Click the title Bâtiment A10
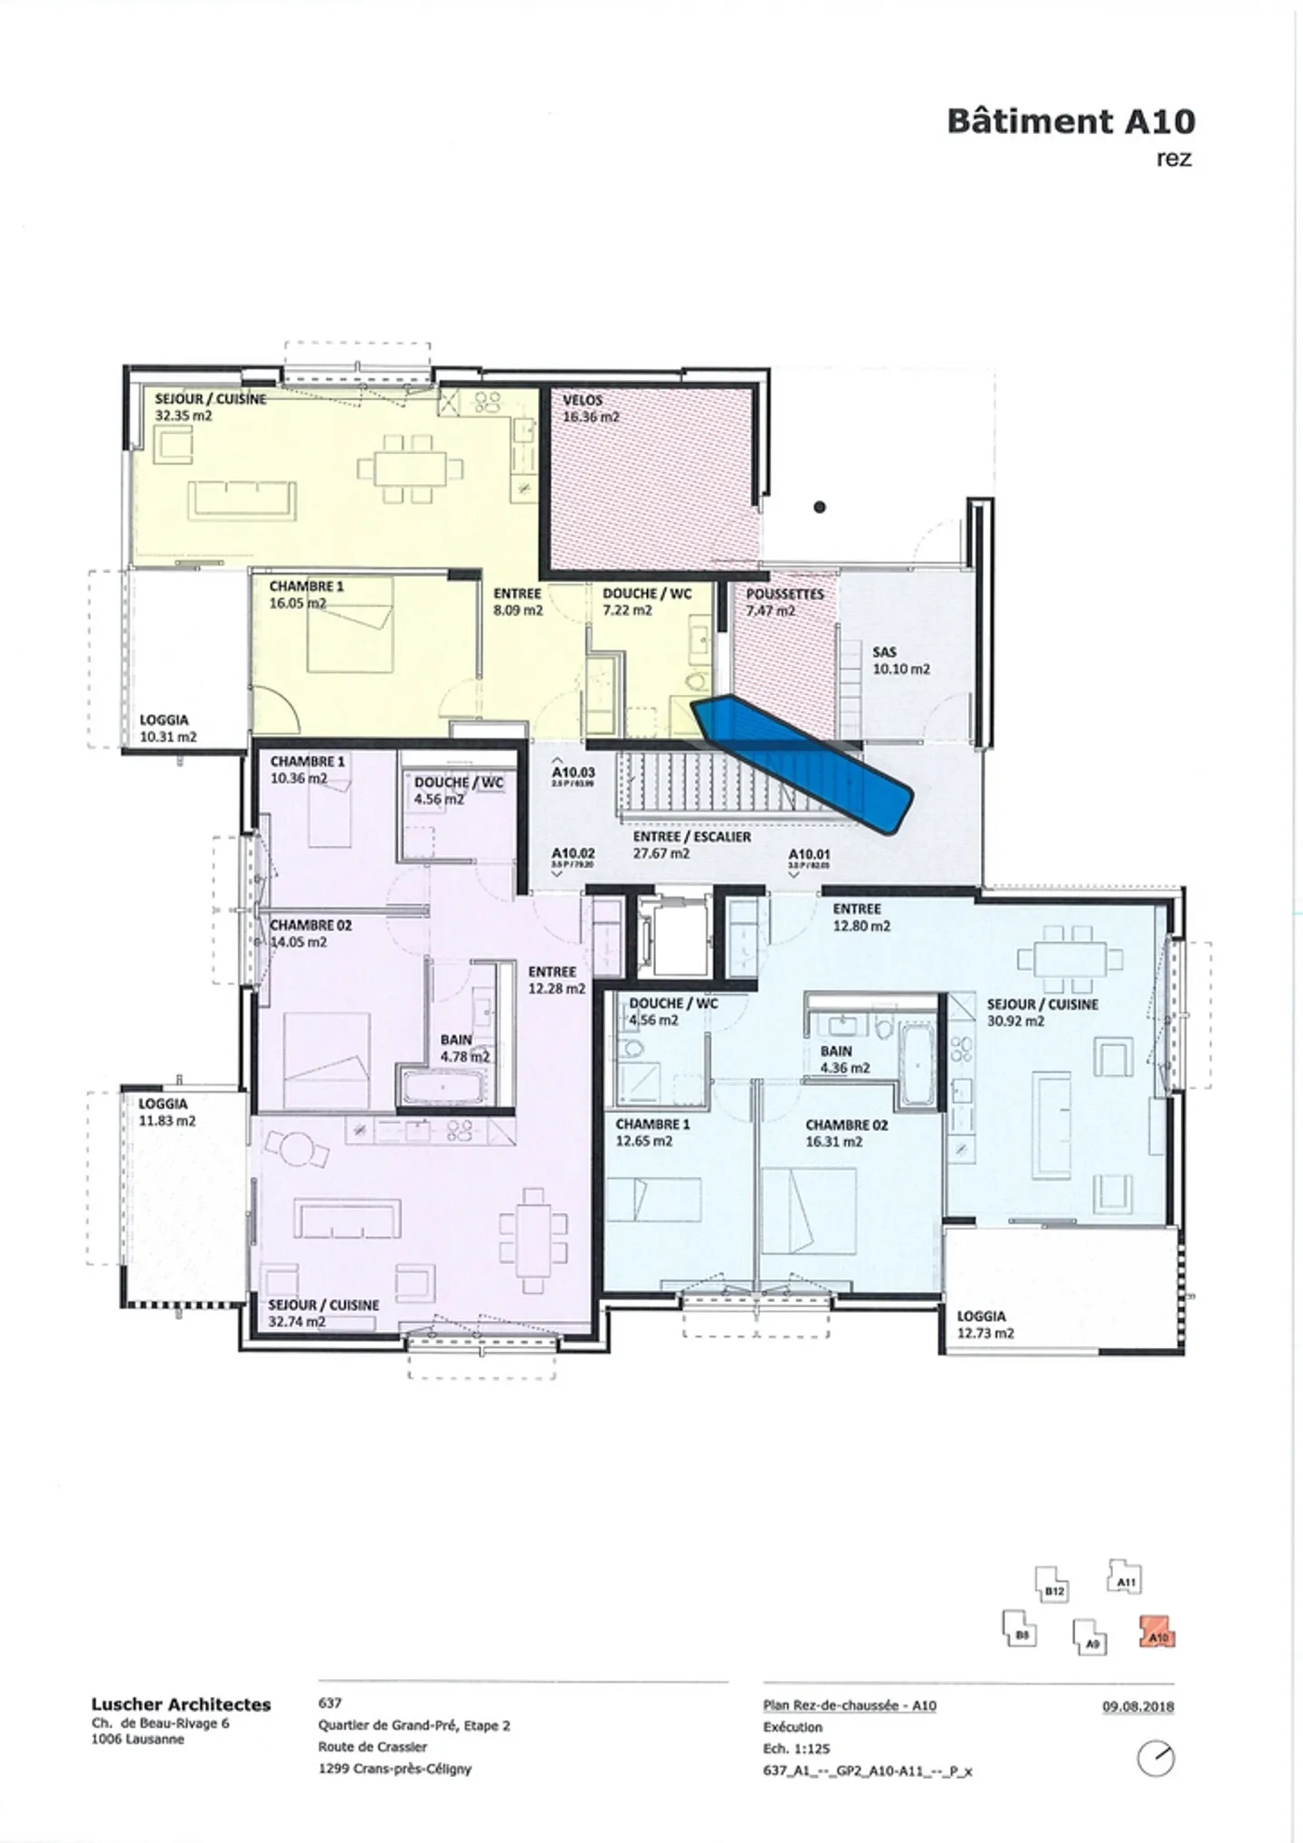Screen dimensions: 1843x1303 (1070, 121)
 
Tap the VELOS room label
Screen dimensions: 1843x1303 (582, 400)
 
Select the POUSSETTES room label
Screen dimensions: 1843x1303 (785, 594)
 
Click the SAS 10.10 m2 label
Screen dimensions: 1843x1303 (900, 660)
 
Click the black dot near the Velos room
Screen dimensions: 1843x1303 (820, 508)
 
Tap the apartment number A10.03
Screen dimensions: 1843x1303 (573, 773)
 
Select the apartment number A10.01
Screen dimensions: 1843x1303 (809, 854)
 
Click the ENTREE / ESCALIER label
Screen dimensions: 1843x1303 (692, 838)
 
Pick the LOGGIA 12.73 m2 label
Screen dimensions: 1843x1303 (984, 1325)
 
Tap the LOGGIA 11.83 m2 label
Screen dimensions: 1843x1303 (166, 1112)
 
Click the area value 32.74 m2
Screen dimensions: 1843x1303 (297, 1322)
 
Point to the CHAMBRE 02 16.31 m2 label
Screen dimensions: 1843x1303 (846, 1133)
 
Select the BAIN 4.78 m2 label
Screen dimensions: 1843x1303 (464, 1048)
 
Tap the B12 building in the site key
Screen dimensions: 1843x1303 (1052, 1590)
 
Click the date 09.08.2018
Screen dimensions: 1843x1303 (1137, 1707)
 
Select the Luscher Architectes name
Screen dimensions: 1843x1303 (181, 1705)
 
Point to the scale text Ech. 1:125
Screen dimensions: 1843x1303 (796, 1749)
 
